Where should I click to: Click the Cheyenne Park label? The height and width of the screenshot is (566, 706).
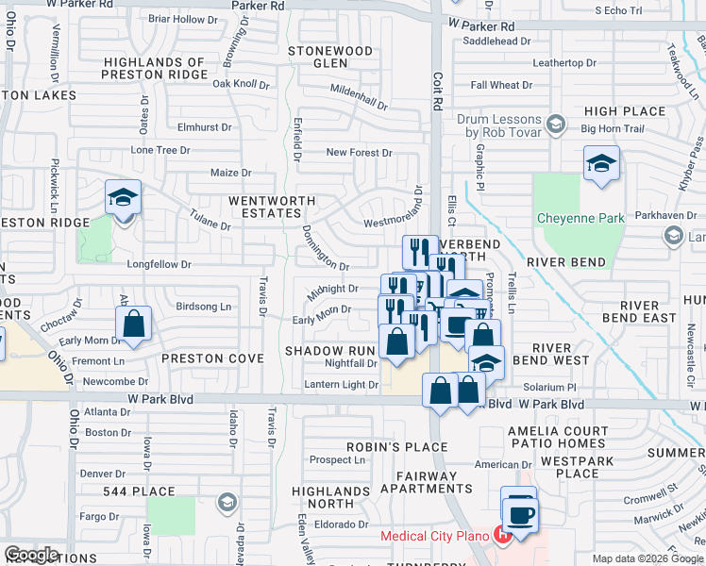580,218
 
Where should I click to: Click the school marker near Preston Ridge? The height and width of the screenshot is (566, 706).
123,198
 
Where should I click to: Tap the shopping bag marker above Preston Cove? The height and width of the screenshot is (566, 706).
135,325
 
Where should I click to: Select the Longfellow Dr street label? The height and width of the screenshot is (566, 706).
159,265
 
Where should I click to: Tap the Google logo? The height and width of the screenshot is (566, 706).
31,554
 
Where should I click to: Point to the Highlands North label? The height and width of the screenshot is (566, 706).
330,497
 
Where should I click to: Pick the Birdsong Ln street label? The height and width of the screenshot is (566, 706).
203,307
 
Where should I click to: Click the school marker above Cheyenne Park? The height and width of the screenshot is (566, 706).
601,165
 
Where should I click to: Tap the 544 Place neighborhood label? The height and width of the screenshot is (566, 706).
140,491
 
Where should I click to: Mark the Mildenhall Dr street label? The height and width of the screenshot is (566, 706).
360,96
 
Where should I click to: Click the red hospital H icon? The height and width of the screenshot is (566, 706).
504,536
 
